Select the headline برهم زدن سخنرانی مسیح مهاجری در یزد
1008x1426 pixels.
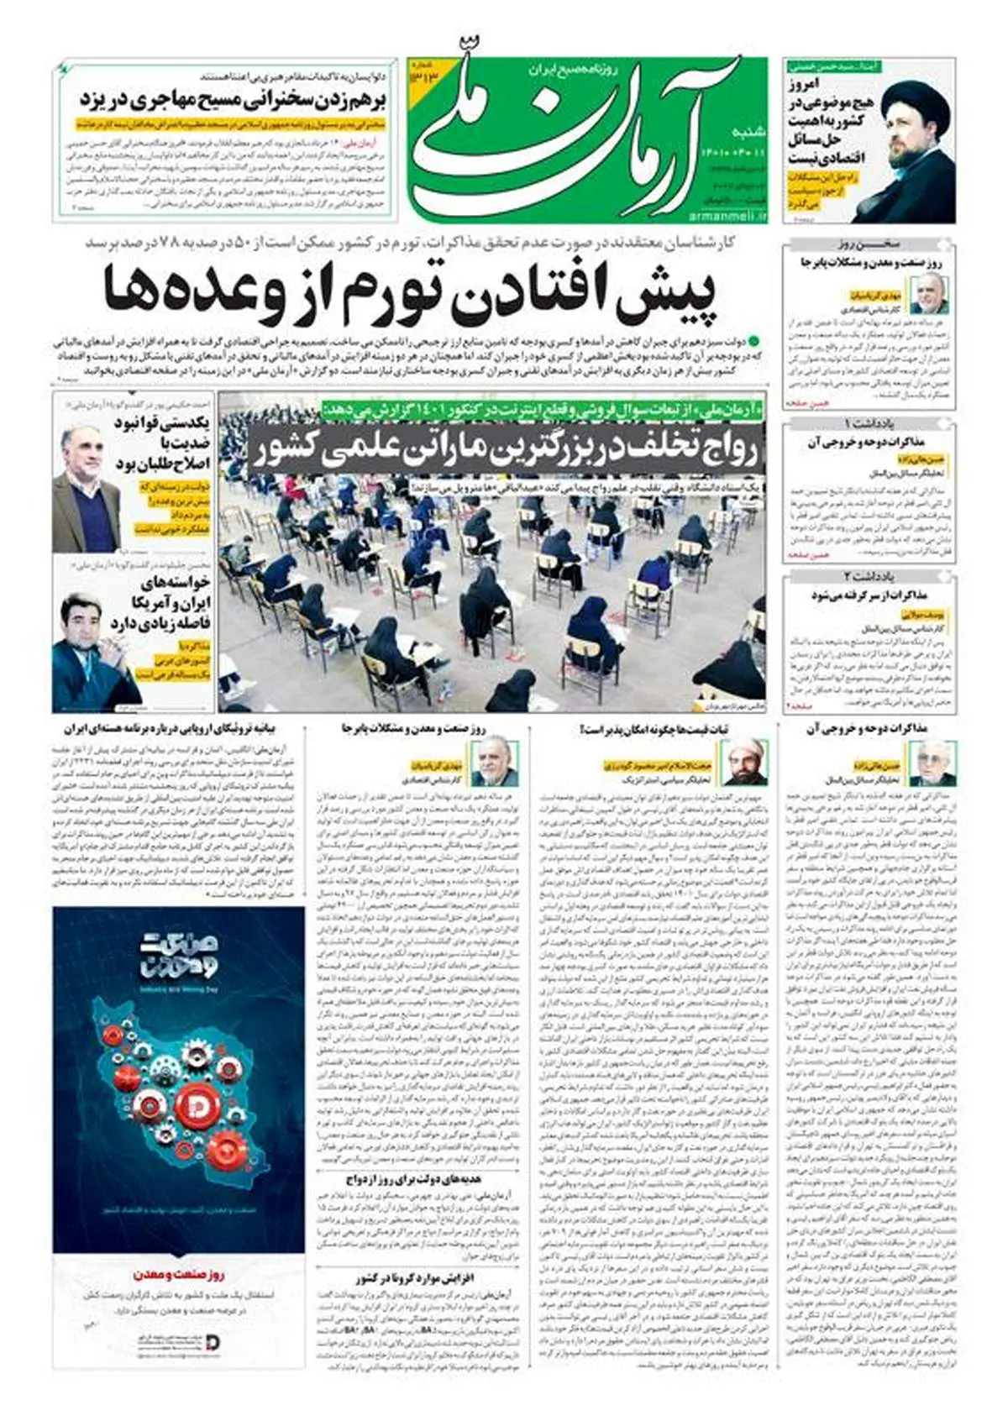(x=231, y=99)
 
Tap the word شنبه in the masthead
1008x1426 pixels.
(x=752, y=132)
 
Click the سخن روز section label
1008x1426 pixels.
(x=869, y=244)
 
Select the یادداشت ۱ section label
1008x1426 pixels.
(x=869, y=423)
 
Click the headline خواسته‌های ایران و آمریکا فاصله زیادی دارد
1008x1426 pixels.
(x=167, y=602)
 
